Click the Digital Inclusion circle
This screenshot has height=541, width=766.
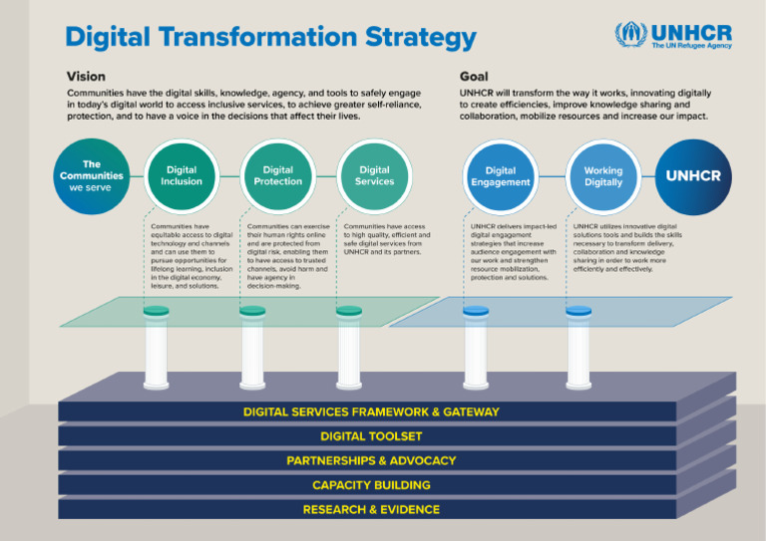click(182, 176)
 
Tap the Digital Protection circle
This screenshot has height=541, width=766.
click(277, 176)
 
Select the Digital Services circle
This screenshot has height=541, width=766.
click(374, 176)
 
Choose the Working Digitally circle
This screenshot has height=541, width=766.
click(602, 176)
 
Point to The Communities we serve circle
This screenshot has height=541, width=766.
click(91, 176)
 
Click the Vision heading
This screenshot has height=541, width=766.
click(86, 76)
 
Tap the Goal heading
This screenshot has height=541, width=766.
click(474, 76)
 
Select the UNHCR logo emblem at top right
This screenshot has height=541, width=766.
click(629, 36)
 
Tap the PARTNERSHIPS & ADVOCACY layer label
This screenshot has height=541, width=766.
click(371, 460)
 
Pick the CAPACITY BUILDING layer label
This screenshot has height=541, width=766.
click(371, 485)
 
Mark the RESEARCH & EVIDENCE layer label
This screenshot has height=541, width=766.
click(371, 509)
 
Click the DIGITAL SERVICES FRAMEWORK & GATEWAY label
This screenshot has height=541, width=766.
click(371, 411)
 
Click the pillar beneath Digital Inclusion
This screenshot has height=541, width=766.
click(157, 349)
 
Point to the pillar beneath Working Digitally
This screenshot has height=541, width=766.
click(578, 349)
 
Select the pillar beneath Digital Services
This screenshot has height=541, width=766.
click(349, 349)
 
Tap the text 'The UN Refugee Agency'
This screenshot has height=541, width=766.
click(692, 45)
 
